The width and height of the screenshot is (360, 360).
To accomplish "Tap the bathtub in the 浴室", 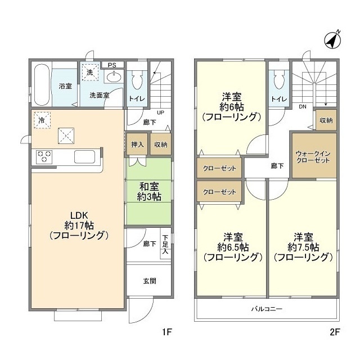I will pos(41,85).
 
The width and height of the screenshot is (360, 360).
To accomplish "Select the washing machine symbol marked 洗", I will pos(89,72).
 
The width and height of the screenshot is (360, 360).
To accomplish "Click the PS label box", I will pos(112,65).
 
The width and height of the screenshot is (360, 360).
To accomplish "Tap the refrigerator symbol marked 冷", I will pos(41,119).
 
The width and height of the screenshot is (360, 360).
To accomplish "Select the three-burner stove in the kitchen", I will pos(44,156).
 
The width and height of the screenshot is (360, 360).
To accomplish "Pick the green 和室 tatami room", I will pos(148,191).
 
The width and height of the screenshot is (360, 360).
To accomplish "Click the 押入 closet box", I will pos(137,145).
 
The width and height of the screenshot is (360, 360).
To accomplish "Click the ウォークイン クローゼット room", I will pos(313,155).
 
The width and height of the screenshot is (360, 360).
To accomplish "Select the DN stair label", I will pos(303,106).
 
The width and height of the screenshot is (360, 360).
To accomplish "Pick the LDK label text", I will pos(78,214).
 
